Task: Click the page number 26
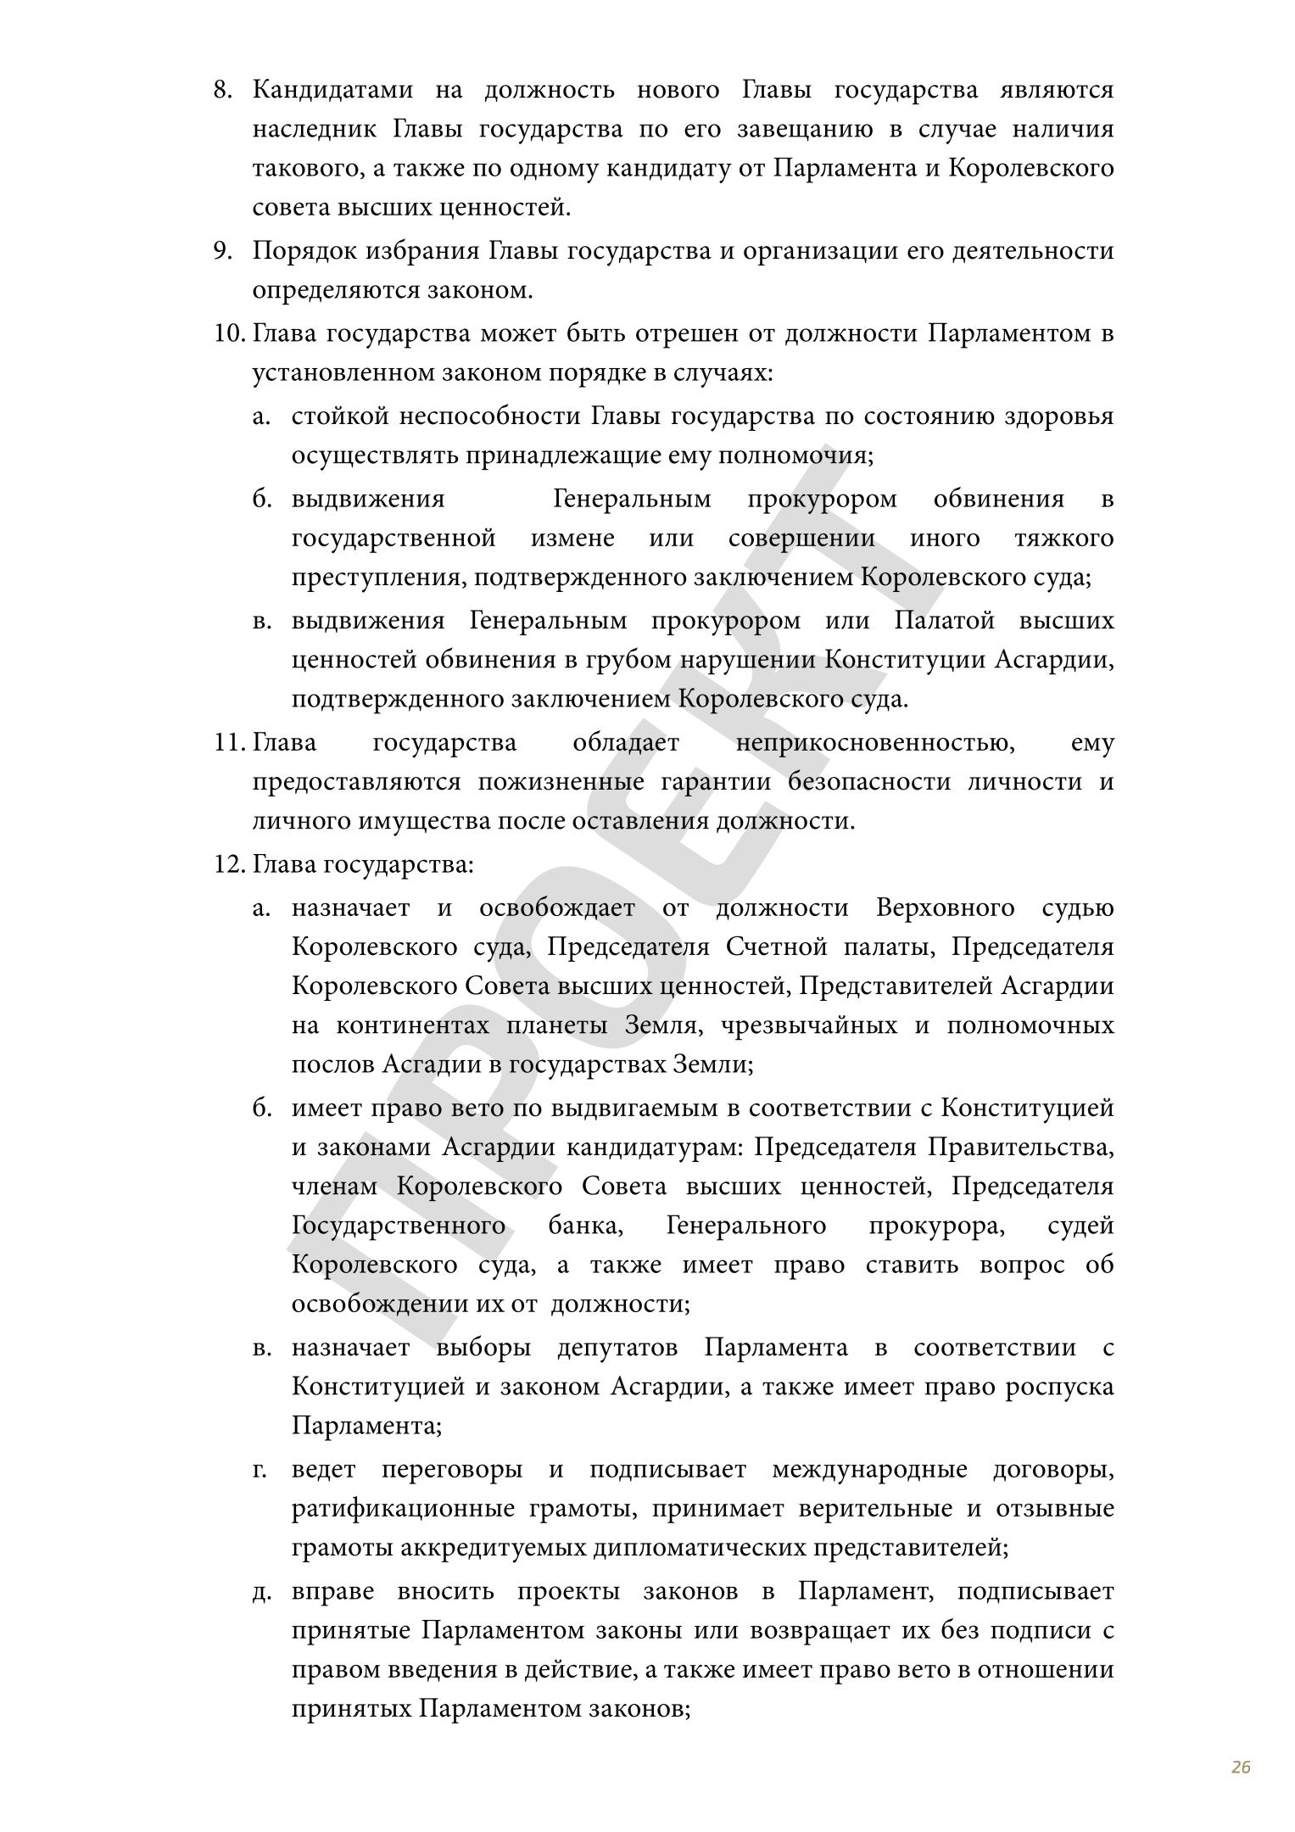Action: (x=1241, y=1767)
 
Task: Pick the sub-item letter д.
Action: (x=261, y=1592)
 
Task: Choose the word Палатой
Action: (x=944, y=621)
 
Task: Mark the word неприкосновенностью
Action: (x=875, y=743)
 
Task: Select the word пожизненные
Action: (x=561, y=782)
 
